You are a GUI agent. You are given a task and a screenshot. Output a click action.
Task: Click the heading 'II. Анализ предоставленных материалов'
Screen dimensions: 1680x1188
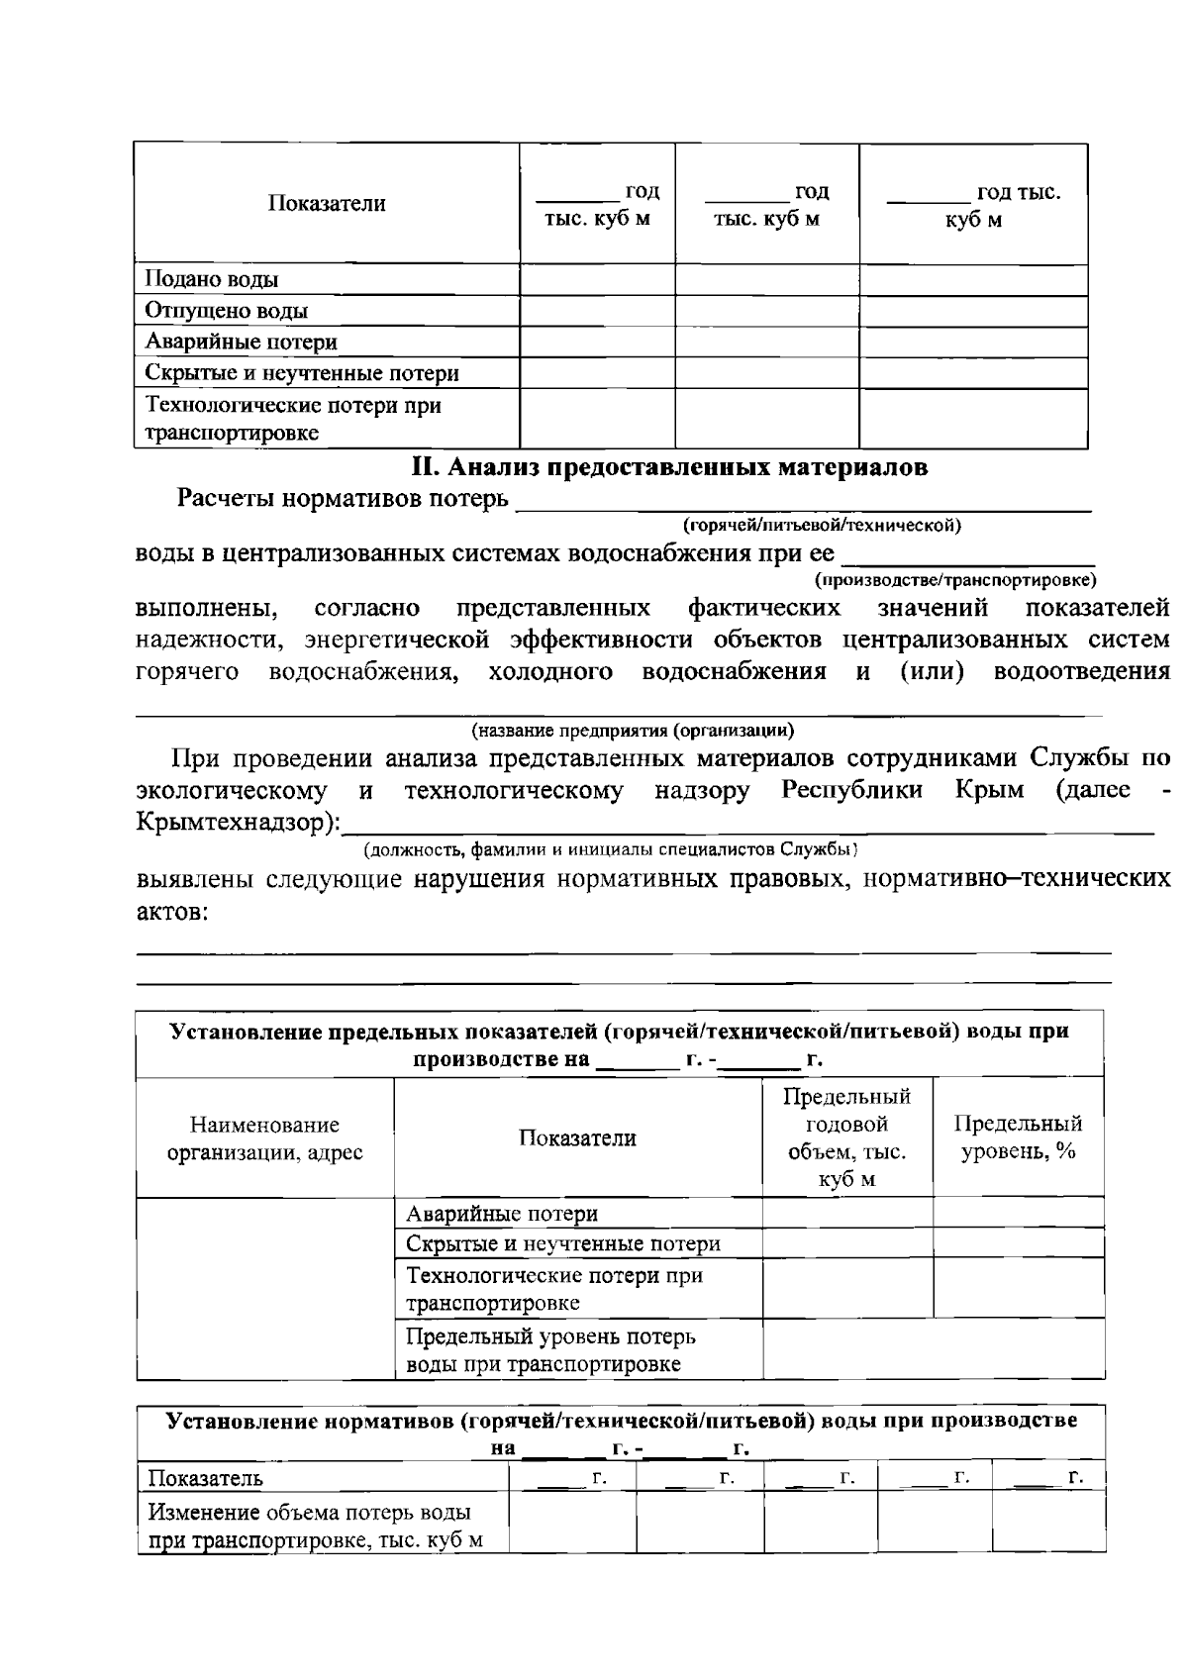click(669, 468)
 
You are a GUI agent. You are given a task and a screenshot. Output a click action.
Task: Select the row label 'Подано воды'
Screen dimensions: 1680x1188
click(212, 280)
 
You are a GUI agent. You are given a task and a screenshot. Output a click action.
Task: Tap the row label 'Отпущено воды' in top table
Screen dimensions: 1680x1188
click(227, 311)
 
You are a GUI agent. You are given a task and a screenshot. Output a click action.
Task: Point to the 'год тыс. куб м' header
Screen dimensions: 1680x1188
click(974, 205)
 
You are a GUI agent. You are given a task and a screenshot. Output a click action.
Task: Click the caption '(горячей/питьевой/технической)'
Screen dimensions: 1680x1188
click(822, 525)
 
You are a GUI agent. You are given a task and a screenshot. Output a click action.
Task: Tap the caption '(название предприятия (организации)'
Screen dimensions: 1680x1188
click(632, 732)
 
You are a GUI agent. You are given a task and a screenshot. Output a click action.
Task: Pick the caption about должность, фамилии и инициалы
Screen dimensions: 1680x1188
click(609, 849)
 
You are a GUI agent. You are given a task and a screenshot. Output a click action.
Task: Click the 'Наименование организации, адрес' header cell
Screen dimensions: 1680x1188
click(264, 1138)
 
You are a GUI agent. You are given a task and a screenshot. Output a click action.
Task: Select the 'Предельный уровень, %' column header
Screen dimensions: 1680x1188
click(1018, 1137)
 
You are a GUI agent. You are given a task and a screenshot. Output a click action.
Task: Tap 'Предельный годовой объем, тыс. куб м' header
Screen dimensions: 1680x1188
click(846, 1137)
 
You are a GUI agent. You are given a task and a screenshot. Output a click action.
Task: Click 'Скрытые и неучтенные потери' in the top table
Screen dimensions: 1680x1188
click(302, 373)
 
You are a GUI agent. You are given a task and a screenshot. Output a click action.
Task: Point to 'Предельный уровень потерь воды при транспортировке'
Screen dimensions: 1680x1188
click(550, 1350)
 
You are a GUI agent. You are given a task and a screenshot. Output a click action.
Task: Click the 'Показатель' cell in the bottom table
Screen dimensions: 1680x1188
click(206, 1479)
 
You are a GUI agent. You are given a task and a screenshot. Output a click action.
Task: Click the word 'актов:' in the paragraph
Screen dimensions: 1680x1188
click(171, 912)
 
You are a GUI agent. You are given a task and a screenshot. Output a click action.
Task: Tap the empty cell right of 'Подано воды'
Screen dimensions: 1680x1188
click(597, 280)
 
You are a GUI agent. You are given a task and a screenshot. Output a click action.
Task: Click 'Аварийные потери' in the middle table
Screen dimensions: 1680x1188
click(502, 1214)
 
